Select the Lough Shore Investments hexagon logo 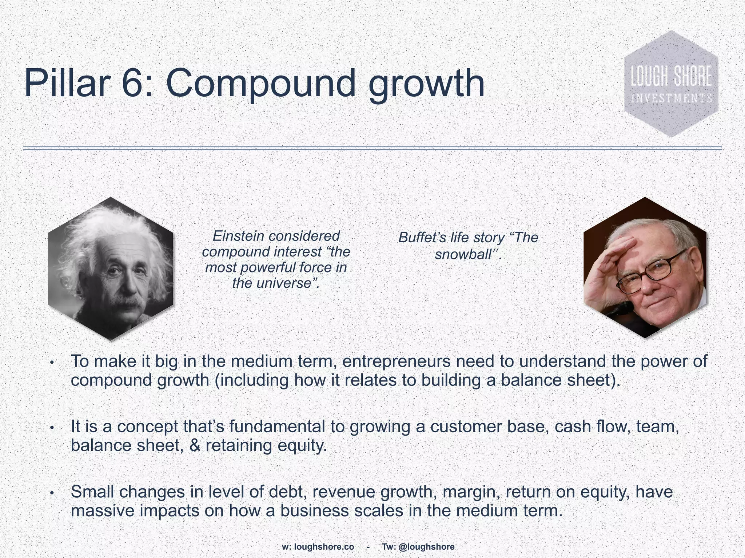tap(671, 84)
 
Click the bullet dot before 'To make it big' tap(52, 363)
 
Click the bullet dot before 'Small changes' tap(52, 493)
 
